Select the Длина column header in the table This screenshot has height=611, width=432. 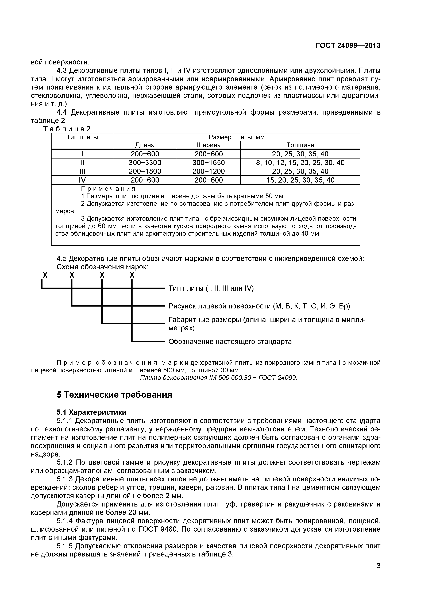145,145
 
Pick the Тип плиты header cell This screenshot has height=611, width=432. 82,137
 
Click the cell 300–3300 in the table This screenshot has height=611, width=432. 145,163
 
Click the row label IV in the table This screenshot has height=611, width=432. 82,180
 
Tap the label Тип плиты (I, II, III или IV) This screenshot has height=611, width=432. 211,288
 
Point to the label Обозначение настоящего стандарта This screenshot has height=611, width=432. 230,341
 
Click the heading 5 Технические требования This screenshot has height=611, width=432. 114,395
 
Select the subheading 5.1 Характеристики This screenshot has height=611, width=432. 91,412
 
